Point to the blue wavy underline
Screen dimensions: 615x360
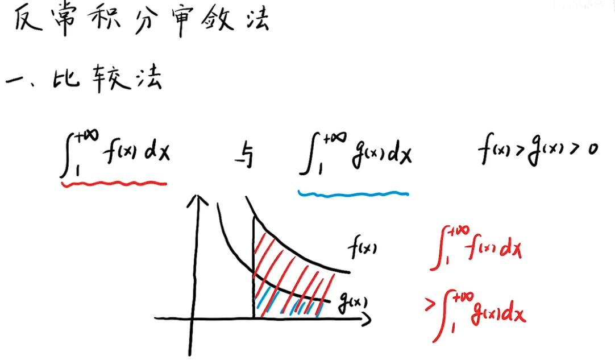tap(353, 193)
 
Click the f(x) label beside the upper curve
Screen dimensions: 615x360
tap(363, 249)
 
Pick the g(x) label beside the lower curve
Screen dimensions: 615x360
tap(352, 300)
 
